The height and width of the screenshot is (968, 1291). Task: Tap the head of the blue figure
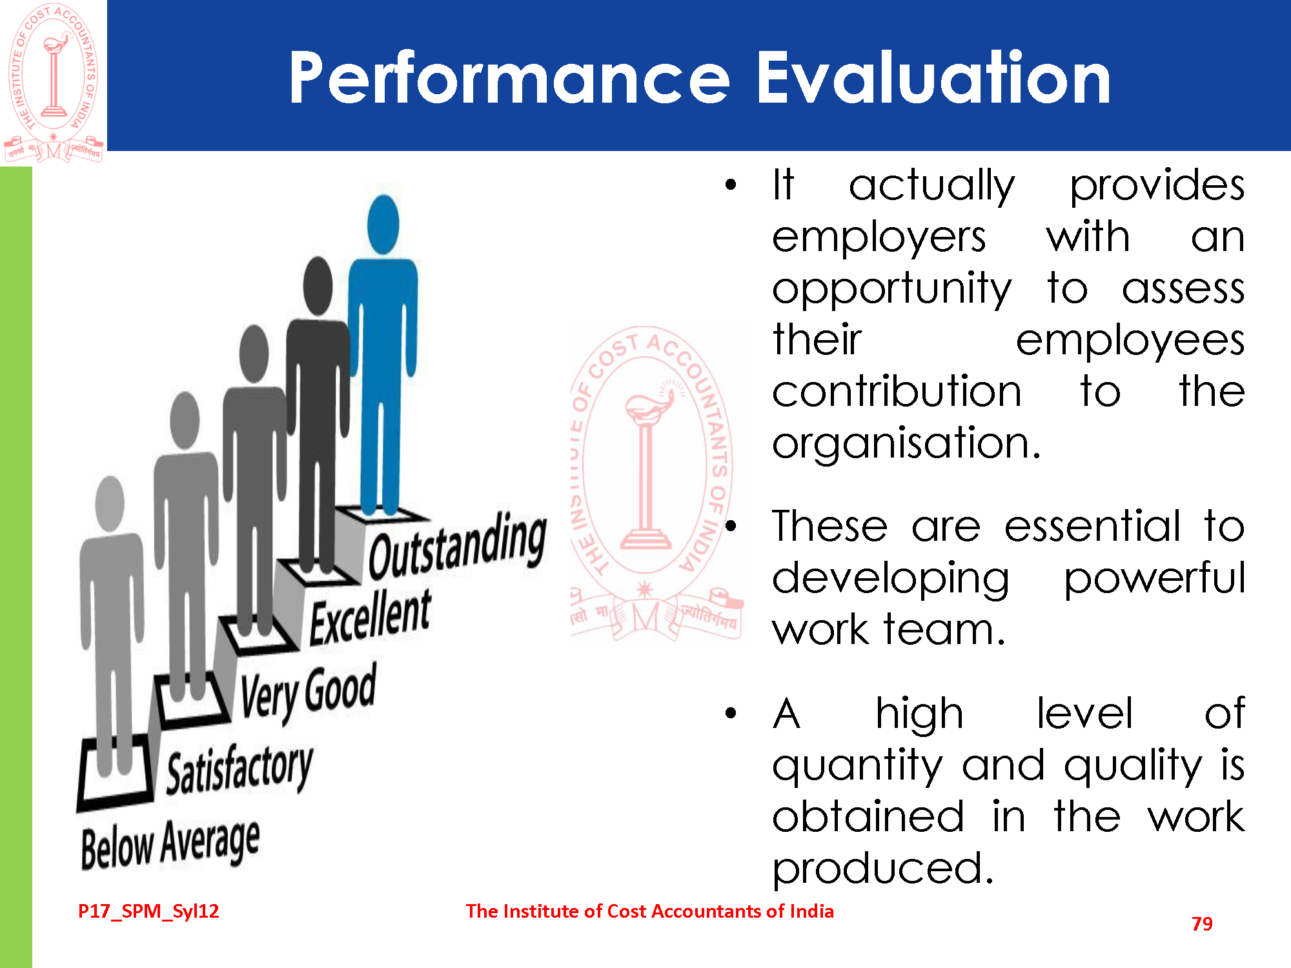pos(383,225)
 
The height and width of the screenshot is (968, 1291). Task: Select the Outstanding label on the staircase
pos(457,545)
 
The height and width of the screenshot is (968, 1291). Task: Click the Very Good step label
pos(308,693)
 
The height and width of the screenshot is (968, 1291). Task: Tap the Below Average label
pos(170,844)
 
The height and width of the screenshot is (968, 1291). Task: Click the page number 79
pos(1202,924)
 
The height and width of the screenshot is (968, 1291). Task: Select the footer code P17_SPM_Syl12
pos(148,911)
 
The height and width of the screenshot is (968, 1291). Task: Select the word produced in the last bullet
pos(882,868)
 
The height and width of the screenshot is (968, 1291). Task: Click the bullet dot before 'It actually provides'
pos(731,185)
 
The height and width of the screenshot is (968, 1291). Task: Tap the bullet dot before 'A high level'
pos(731,713)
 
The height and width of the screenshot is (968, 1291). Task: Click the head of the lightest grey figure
pos(110,503)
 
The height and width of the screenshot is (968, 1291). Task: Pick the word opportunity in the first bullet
pos(892,288)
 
